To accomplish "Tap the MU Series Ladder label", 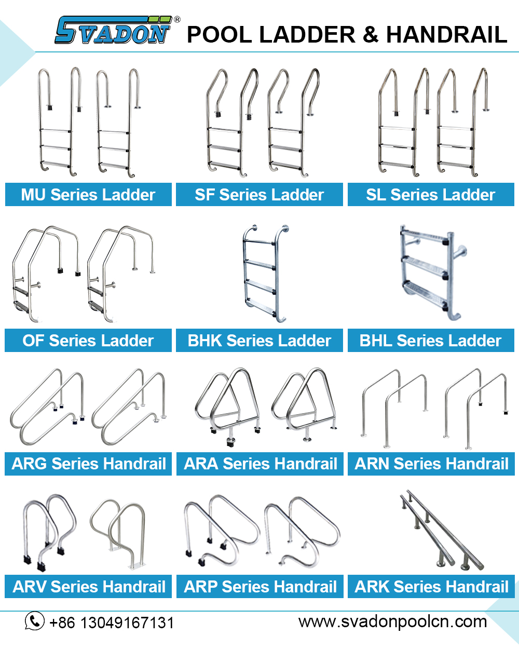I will [88, 195].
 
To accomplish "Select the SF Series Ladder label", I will [259, 195].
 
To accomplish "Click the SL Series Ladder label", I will [431, 195].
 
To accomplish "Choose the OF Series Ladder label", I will [88, 341].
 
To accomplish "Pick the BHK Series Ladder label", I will [259, 341].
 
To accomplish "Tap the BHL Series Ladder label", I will [431, 341].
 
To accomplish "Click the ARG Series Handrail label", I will [89, 464].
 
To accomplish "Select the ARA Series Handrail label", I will [261, 464].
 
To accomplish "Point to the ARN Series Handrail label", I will [432, 464].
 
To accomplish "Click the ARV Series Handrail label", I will [89, 587].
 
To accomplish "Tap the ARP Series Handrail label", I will [261, 587].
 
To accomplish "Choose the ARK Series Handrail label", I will [432, 587].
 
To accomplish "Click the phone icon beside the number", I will [35, 621].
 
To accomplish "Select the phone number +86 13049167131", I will [112, 622].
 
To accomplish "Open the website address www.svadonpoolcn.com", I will [393, 621].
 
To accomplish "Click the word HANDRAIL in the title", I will [446, 34].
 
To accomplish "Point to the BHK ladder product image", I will [265, 273].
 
